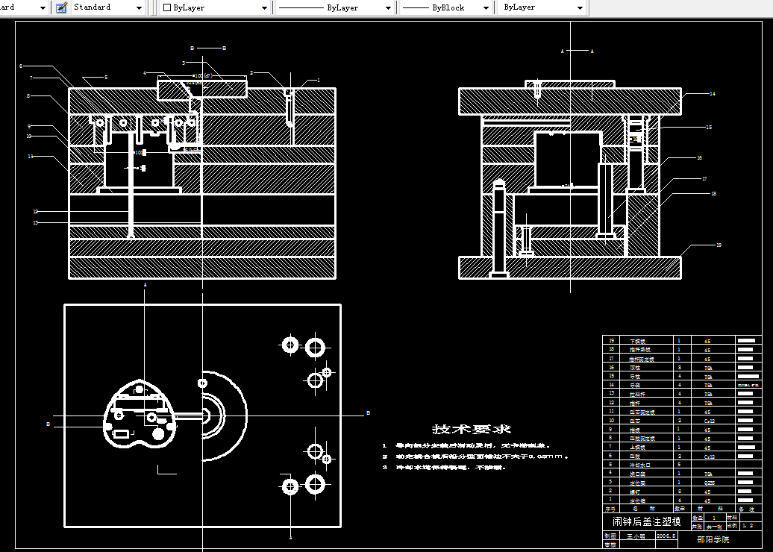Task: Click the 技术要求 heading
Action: (x=472, y=429)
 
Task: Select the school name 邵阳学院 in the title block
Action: (x=713, y=539)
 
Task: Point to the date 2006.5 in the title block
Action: (x=666, y=535)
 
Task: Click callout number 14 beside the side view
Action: (x=713, y=94)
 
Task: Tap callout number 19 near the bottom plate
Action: (x=719, y=245)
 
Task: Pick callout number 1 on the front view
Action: (x=318, y=80)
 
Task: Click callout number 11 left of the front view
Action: (x=31, y=157)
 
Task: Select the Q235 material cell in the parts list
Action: (x=708, y=483)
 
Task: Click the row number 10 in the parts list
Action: (x=612, y=421)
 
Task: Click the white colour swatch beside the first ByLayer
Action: (x=167, y=7)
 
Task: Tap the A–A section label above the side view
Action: (x=577, y=51)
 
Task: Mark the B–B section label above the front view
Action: (x=208, y=48)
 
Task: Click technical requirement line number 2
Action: (x=385, y=457)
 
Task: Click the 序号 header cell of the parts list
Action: (x=612, y=509)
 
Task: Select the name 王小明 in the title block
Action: (x=634, y=535)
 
